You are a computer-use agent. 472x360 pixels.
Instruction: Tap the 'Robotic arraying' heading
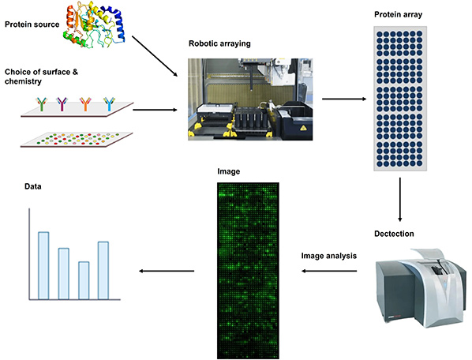point(220,43)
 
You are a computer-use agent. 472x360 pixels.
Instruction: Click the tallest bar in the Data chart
point(44,265)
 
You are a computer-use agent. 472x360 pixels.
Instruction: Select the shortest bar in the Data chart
point(84,280)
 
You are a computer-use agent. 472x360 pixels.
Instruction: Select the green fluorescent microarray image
point(246,268)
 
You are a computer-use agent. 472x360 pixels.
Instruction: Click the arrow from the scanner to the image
point(332,272)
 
